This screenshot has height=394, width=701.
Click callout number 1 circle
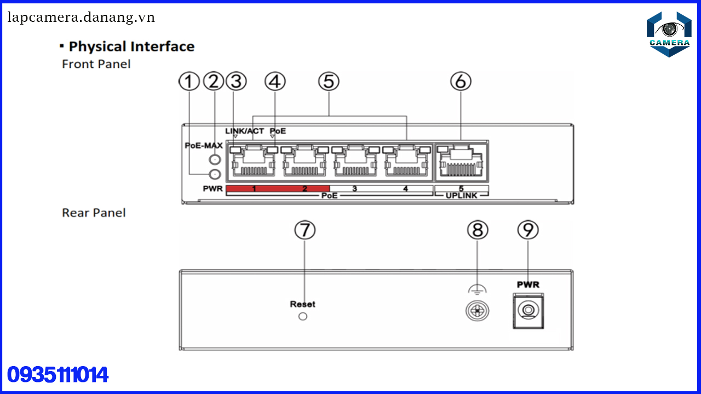(189, 82)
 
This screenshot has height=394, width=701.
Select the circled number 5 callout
(329, 82)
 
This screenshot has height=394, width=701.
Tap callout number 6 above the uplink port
(461, 82)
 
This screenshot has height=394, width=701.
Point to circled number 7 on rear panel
(305, 230)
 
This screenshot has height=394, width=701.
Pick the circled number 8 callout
(478, 230)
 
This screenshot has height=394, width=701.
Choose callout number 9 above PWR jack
(528, 230)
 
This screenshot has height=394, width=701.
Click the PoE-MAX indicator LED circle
(215, 159)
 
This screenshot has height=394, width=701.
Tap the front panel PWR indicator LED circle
(215, 174)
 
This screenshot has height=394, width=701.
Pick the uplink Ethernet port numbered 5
(461, 163)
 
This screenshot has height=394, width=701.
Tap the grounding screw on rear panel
(477, 311)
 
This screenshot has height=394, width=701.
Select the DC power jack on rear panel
(528, 311)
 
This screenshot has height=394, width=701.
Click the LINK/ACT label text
(244, 131)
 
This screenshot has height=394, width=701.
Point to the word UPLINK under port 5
(461, 195)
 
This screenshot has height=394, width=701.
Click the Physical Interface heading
(131, 47)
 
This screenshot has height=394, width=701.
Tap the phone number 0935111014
(58, 375)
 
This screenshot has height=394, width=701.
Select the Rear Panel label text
(94, 213)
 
